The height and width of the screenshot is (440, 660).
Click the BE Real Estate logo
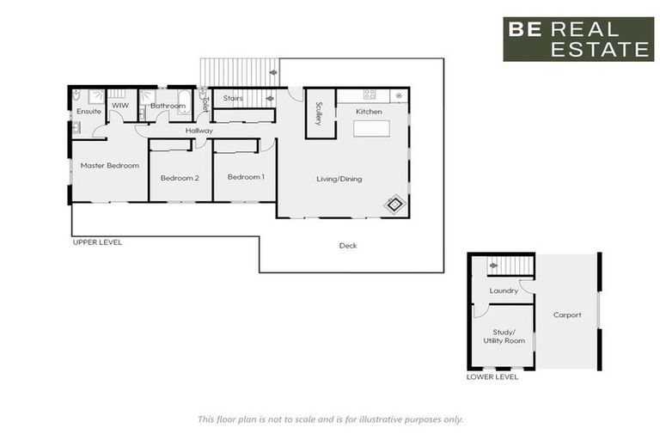pyautogui.click(x=577, y=40)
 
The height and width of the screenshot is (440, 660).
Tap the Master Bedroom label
pyautogui.click(x=110, y=165)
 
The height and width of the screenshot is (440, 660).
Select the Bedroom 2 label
pyautogui.click(x=180, y=178)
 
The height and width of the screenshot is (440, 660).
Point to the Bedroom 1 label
pyautogui.click(x=246, y=177)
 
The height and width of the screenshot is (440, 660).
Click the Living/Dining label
pyautogui.click(x=339, y=179)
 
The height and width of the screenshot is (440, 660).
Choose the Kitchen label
pyautogui.click(x=370, y=112)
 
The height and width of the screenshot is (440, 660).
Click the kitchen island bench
pyautogui.click(x=370, y=130)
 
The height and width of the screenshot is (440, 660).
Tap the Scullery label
pyautogui.click(x=319, y=114)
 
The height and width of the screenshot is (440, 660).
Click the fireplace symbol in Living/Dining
pyautogui.click(x=394, y=205)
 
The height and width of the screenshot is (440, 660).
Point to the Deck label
pyautogui.click(x=347, y=246)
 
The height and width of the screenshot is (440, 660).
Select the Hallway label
pyautogui.click(x=199, y=131)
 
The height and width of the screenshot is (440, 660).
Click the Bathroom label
pyautogui.click(x=168, y=106)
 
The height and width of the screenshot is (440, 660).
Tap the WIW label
pyautogui.click(x=119, y=106)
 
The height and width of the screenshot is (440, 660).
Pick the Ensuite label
pyautogui.click(x=89, y=112)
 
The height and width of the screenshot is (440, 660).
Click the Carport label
pyautogui.click(x=567, y=315)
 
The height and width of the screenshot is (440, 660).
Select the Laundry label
pyautogui.click(x=504, y=290)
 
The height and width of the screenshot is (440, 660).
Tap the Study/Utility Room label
pyautogui.click(x=504, y=336)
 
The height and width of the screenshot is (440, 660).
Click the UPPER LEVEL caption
pyautogui.click(x=97, y=242)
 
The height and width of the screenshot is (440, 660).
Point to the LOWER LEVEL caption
pyautogui.click(x=492, y=376)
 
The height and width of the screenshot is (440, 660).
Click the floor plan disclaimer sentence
pyautogui.click(x=330, y=419)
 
